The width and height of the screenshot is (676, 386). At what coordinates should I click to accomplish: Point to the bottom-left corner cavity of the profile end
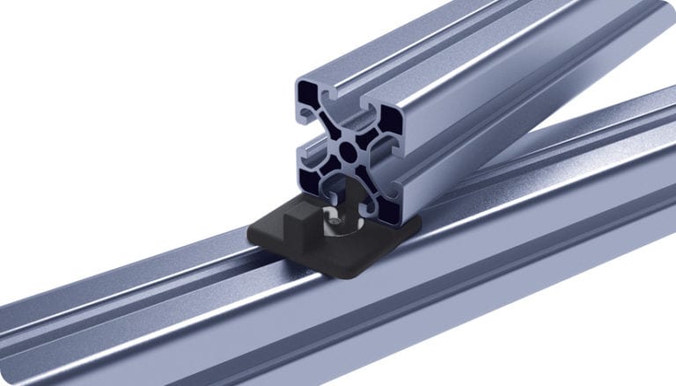coord(314,176)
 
